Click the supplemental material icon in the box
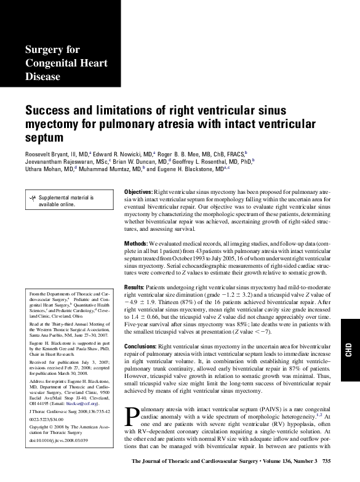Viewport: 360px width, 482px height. (33, 198)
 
